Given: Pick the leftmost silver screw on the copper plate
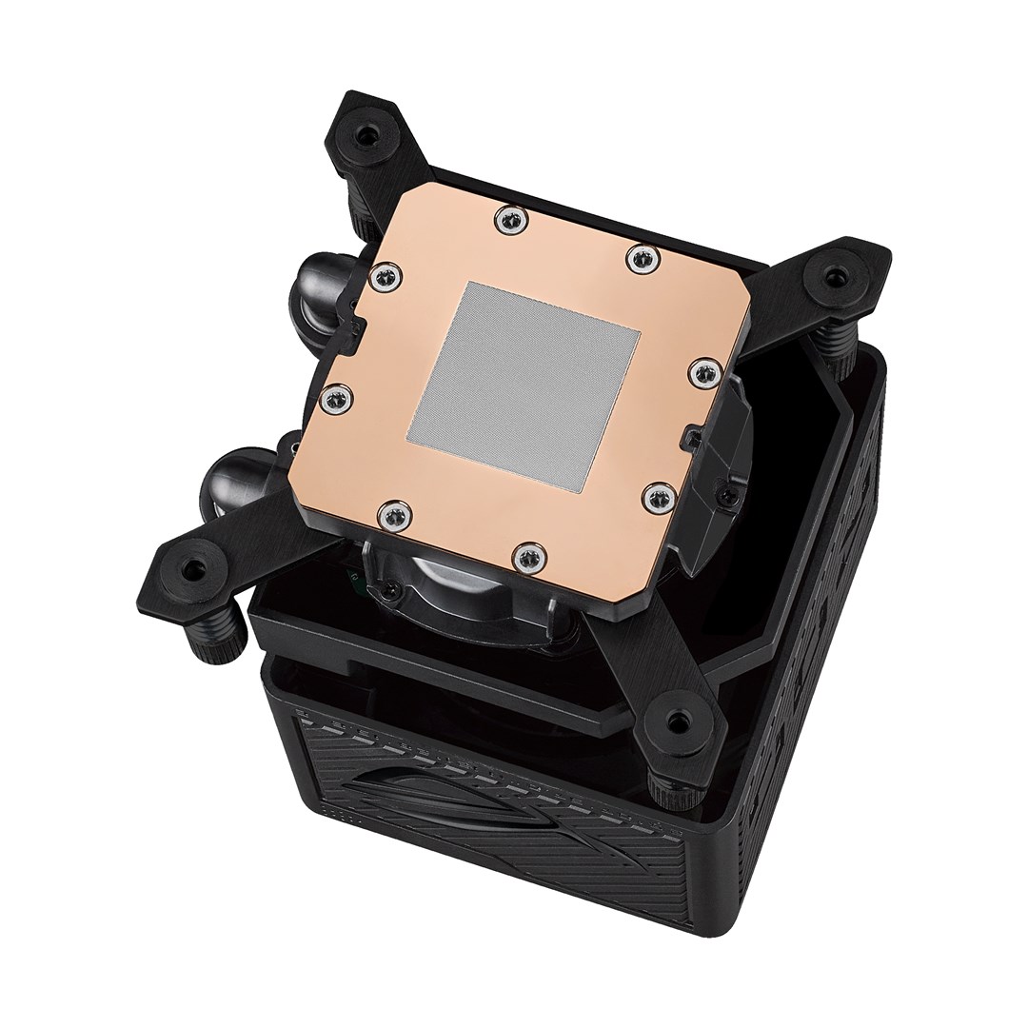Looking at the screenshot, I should pos(332,399).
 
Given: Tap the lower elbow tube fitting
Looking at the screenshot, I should pos(229,475).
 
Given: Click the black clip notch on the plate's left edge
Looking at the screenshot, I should pos(357,326).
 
